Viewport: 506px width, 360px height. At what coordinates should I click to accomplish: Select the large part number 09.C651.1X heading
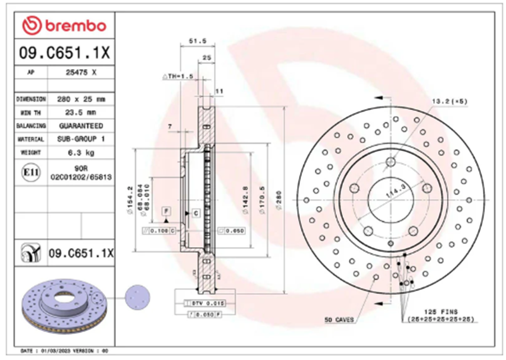tap(64, 52)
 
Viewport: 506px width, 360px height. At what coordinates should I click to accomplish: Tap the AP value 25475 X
tap(81, 72)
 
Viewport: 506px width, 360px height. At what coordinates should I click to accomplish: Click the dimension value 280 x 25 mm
tap(81, 99)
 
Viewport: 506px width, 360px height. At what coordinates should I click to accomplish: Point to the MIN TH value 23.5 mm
tap(81, 112)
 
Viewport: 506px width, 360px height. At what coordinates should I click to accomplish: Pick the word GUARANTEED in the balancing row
tap(81, 126)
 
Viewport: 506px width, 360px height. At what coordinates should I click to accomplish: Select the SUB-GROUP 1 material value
tap(81, 139)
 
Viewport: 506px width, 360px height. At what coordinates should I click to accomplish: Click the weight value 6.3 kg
tap(81, 152)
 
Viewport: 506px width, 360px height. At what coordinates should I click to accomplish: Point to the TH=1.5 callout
tap(179, 76)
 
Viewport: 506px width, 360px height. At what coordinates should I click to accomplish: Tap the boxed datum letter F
tap(166, 211)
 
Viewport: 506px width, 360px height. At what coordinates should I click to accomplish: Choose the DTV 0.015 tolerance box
tap(205, 303)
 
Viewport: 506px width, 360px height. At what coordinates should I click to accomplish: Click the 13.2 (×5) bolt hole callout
tap(449, 101)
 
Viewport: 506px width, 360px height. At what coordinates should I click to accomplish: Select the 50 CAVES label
tap(338, 320)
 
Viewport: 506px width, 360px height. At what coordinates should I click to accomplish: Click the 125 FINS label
tap(440, 312)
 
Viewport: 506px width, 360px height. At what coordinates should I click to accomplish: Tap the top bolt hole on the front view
tap(390, 162)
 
